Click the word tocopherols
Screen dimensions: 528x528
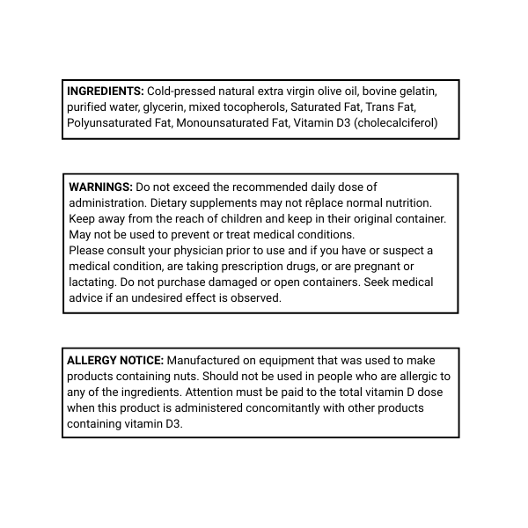click(x=255, y=106)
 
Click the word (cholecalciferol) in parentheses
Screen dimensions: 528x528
click(x=395, y=122)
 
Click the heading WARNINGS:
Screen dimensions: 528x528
click(x=100, y=187)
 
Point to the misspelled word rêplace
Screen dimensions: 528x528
click(x=332, y=202)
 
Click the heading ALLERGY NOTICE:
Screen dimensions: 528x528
click(x=115, y=360)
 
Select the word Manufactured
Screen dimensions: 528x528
click(x=205, y=360)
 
